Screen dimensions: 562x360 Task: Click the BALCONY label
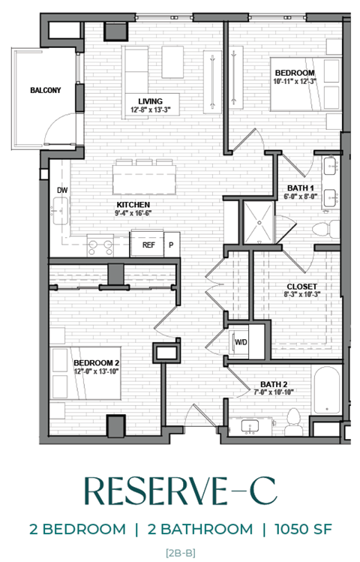coord(45,91)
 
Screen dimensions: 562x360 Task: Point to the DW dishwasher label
coord(62,191)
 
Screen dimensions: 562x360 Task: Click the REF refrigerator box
coord(148,244)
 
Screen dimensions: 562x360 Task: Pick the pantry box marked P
coord(170,244)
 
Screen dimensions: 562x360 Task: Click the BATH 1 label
coord(300,188)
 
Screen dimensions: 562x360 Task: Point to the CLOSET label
coord(301,287)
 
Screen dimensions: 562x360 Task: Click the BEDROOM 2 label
coord(97,362)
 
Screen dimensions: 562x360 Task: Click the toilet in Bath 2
coord(295,422)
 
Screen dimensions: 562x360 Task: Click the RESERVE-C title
coord(179,491)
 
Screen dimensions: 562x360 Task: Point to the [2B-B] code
coord(179,551)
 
